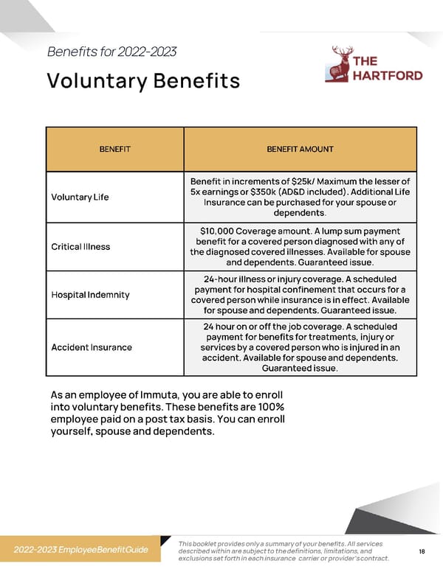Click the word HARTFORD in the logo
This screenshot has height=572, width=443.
388,75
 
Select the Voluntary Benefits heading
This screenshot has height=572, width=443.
143,80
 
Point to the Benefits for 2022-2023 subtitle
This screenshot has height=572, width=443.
111,52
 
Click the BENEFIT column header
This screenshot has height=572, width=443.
115,149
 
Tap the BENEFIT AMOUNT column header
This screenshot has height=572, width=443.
300,149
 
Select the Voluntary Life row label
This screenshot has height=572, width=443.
80,197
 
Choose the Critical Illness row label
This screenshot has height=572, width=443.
80,246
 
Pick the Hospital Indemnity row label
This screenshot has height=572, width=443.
90,295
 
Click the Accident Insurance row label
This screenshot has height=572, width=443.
92,347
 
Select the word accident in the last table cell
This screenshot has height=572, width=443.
221,358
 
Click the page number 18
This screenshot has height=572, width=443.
422,551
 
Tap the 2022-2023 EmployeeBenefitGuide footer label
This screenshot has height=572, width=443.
81,550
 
